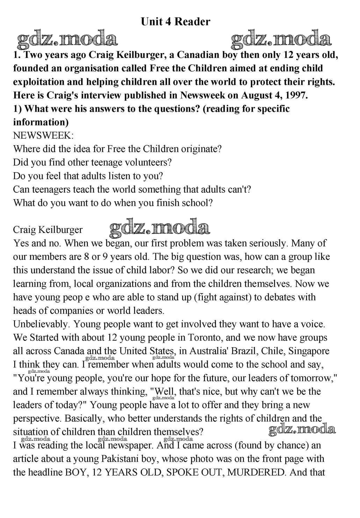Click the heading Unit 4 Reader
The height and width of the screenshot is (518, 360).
pyautogui.click(x=175, y=22)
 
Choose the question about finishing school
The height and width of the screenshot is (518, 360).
pyautogui.click(x=113, y=203)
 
